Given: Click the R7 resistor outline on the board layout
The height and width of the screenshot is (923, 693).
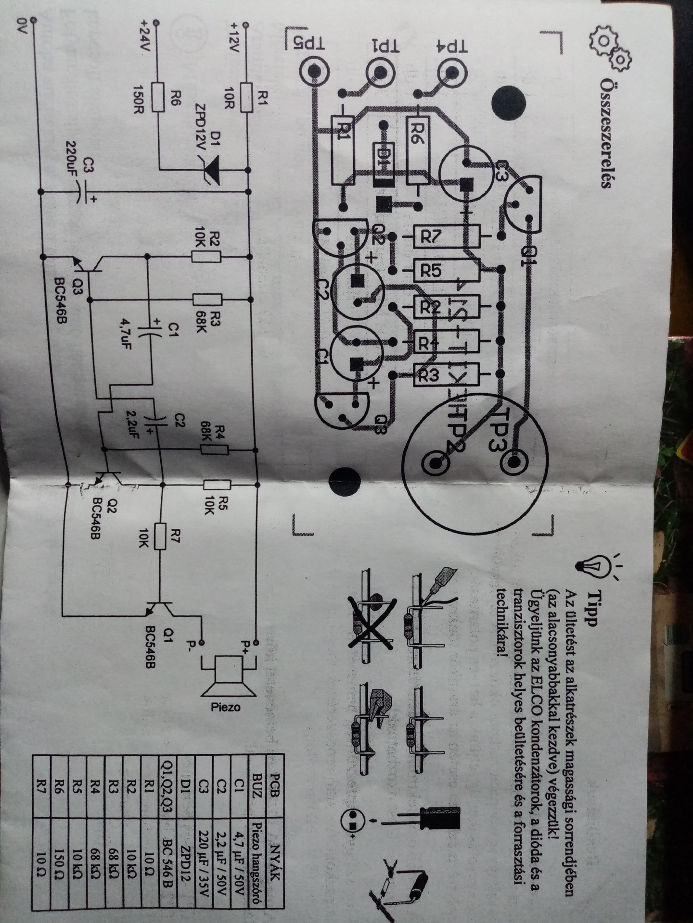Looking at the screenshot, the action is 448,236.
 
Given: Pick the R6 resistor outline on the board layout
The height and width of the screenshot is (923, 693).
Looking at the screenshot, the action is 418,144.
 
